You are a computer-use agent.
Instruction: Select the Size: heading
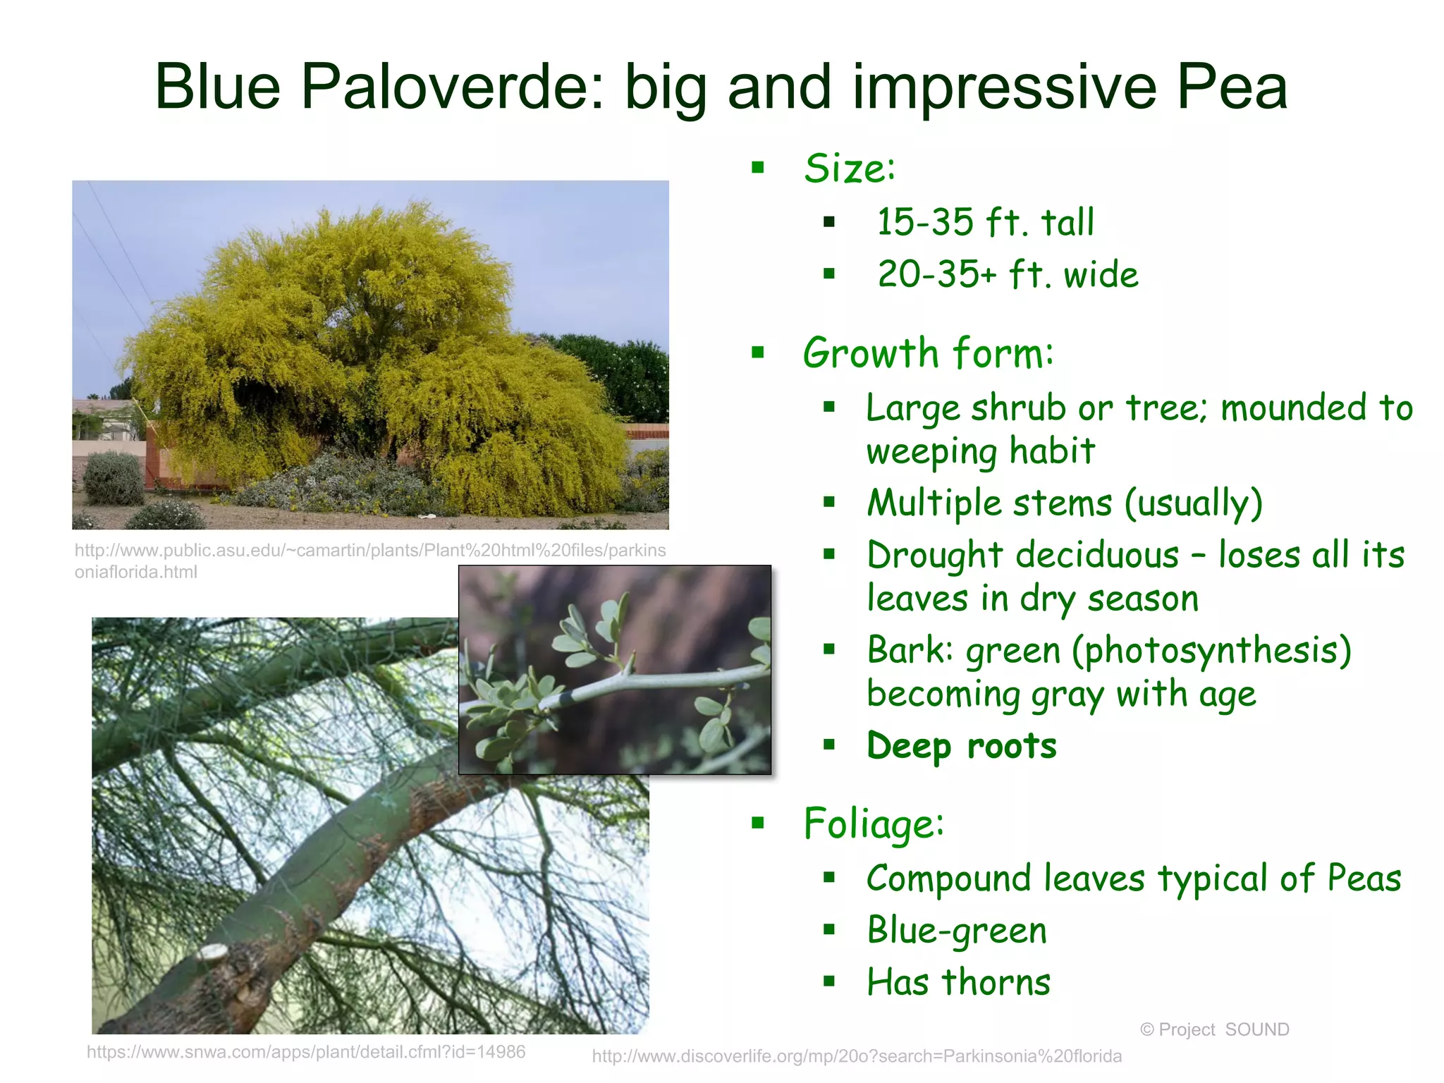pos(849,169)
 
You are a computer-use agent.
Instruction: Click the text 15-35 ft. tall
pos(985,222)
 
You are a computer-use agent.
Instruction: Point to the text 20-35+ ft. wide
pos(1008,274)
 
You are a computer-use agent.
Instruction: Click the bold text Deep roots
pos(962,745)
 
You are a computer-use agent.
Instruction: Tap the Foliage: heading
pos(874,823)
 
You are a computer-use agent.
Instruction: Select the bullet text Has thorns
pos(958,981)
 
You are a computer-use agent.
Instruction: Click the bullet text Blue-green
pos(957,930)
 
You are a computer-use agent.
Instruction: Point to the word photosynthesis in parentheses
pos(1211,650)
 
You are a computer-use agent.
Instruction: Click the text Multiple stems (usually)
pos(1065,503)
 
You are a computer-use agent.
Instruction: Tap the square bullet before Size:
pos(758,168)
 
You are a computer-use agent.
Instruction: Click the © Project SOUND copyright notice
pos(1214,1029)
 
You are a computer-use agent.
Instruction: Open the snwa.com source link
pos(306,1052)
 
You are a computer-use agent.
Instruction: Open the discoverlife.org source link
pos(856,1056)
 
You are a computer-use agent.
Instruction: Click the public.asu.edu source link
pos(369,561)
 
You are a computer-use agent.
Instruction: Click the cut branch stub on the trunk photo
pos(213,953)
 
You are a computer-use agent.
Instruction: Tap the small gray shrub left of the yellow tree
pos(113,479)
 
